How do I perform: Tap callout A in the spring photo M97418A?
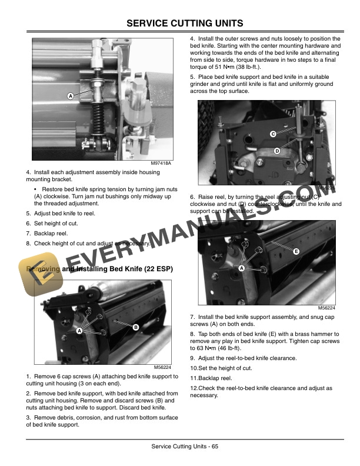click(x=70, y=96)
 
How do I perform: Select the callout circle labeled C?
click(x=273, y=134)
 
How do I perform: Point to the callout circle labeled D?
click(x=276, y=152)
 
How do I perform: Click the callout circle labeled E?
click(x=296, y=251)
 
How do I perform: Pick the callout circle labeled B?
click(x=135, y=327)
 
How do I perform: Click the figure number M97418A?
click(x=161, y=163)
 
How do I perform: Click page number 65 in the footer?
click(x=215, y=448)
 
